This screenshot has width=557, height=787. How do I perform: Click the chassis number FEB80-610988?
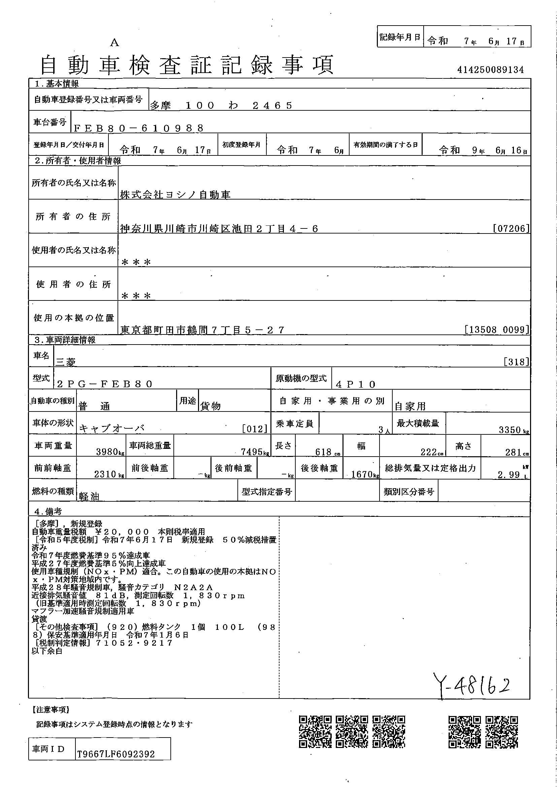tap(138, 128)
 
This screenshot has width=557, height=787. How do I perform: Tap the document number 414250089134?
tap(490, 70)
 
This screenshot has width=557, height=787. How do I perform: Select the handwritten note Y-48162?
tap(471, 684)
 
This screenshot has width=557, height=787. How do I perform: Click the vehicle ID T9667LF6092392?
tap(116, 754)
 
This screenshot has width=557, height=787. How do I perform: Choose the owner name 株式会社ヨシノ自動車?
tap(175, 195)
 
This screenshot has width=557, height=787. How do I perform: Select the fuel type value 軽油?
tap(89, 496)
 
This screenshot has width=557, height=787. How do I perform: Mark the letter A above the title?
tap(114, 43)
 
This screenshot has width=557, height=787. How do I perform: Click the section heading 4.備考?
tap(48, 511)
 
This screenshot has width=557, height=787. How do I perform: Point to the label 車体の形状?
tap(53, 423)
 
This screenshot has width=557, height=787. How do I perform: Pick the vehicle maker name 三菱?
tap(66, 362)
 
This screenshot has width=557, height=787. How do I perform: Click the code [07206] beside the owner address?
tap(511, 228)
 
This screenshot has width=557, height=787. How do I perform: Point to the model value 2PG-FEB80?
tap(105, 384)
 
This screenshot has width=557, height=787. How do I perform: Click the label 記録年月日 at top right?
tap(400, 37)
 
